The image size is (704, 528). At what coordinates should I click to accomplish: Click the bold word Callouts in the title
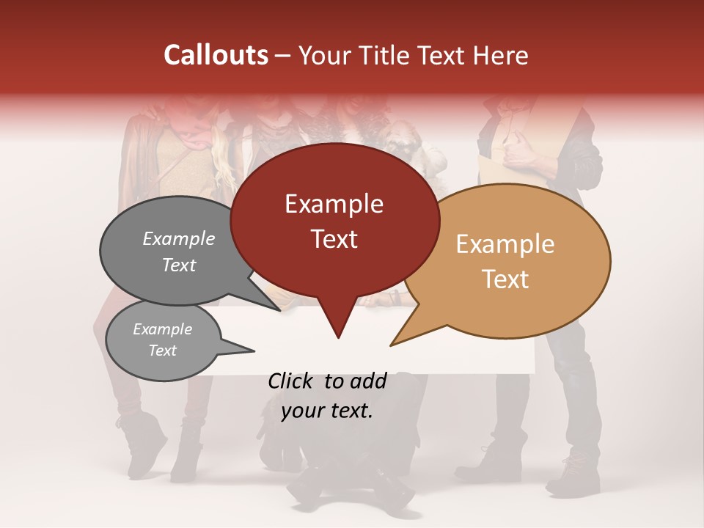[216, 55]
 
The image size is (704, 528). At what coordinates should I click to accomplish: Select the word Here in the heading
[499, 55]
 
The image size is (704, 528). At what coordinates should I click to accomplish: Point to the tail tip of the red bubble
[338, 337]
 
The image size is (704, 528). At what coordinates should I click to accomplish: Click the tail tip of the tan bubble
[391, 345]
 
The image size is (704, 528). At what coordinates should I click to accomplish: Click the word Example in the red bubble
[334, 204]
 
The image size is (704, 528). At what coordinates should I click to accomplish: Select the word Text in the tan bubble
[506, 279]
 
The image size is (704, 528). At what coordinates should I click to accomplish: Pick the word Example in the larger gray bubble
[179, 239]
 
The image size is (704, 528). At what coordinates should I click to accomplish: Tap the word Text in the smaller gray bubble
[162, 351]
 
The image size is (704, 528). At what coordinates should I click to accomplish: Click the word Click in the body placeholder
[290, 381]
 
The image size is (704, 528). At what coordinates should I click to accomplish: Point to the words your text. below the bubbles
[327, 411]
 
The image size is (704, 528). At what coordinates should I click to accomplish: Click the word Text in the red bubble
[334, 239]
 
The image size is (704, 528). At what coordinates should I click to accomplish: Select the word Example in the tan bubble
[505, 244]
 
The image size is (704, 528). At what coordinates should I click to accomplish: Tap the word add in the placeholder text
[367, 381]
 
